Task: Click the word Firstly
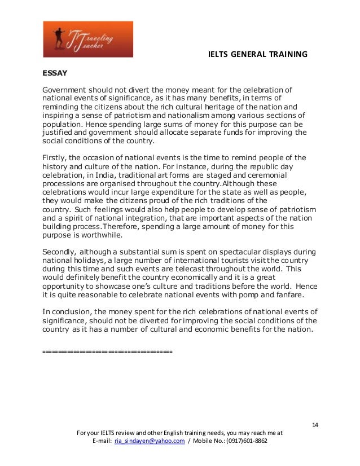pos(55,157)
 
